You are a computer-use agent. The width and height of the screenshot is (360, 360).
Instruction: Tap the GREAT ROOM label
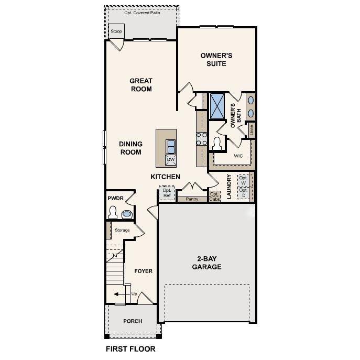(141, 85)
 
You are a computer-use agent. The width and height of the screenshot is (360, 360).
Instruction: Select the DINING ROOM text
(130, 148)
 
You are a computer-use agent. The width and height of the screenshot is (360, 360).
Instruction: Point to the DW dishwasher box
(171, 159)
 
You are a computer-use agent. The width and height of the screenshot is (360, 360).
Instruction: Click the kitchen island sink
(171, 145)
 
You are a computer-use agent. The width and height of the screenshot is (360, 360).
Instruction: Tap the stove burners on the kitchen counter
(202, 138)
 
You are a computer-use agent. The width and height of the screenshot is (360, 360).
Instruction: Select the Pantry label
(192, 199)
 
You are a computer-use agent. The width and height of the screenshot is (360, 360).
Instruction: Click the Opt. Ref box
(167, 193)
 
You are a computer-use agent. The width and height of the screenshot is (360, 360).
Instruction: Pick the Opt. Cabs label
(215, 196)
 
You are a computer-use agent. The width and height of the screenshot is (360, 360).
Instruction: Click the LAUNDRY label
(229, 187)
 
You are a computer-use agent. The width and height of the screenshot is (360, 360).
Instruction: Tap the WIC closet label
(238, 156)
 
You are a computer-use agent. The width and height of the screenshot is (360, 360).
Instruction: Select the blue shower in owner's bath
(217, 106)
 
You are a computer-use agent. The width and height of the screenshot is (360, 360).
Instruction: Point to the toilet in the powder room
(113, 212)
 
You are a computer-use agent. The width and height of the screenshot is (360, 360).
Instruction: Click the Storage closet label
(122, 230)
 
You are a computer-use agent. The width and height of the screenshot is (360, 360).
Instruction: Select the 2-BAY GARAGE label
(209, 263)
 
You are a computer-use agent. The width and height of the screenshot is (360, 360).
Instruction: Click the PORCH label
(132, 321)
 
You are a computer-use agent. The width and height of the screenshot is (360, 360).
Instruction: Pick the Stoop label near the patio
(116, 31)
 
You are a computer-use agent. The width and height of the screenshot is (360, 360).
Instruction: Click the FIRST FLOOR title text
(130, 348)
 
